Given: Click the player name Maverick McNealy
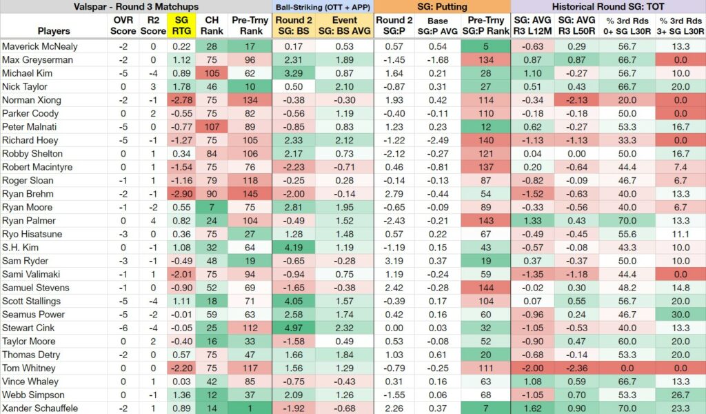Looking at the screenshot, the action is click(39, 46).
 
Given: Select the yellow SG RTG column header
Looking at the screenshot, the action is click(181, 26).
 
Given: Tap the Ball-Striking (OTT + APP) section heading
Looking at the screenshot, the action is click(323, 7).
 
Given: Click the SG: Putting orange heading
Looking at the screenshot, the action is click(442, 7).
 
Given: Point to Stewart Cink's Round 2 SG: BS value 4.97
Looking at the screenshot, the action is click(294, 328).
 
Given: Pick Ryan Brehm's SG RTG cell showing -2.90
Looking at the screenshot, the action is click(181, 194).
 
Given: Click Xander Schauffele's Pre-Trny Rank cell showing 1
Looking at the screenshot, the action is click(250, 408).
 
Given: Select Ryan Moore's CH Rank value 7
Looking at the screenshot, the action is click(212, 207).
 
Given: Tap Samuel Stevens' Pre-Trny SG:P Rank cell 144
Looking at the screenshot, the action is click(486, 288).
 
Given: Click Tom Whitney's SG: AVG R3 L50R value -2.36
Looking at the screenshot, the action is click(577, 368).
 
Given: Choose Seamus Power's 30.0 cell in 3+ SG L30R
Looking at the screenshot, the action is click(680, 315).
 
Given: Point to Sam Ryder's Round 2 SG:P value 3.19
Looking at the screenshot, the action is click(394, 261).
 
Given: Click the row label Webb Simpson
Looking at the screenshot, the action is click(33, 395).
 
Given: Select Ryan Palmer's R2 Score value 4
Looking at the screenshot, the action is click(153, 221).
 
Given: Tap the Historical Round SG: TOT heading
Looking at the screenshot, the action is click(608, 7).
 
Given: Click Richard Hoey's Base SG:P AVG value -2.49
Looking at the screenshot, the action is click(438, 141).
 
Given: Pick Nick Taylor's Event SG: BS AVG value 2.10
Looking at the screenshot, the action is click(345, 87).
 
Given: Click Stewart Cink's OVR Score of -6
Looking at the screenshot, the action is click(123, 328).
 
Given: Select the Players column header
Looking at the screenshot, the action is click(54, 31).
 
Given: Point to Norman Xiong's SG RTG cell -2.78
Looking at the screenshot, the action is click(181, 101).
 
